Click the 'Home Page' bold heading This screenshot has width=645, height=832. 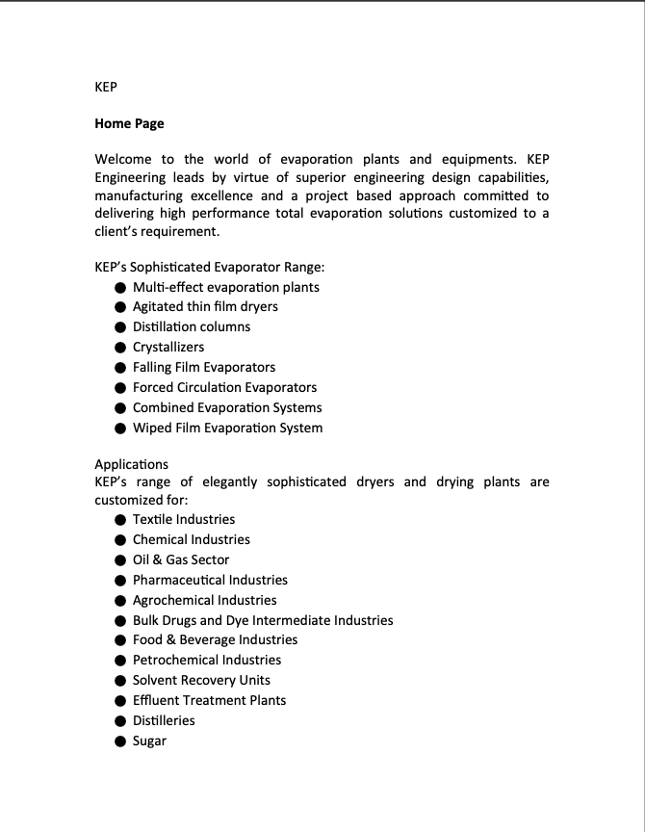pyautogui.click(x=129, y=123)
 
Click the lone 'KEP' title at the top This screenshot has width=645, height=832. pyautogui.click(x=106, y=87)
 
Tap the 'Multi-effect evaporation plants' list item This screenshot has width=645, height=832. pyautogui.click(x=225, y=287)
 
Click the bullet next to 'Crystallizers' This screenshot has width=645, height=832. pyautogui.click(x=120, y=348)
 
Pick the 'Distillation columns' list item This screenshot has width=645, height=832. pyautogui.click(x=191, y=327)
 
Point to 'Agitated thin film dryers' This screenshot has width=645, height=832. pyautogui.click(x=205, y=307)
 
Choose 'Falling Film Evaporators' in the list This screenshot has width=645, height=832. pyautogui.click(x=204, y=367)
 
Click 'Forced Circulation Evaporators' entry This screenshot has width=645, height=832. pyautogui.click(x=224, y=387)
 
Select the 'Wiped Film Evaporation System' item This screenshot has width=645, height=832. pyautogui.click(x=227, y=428)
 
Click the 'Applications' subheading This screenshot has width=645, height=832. pyautogui.click(x=131, y=464)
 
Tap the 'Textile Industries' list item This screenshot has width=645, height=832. pyautogui.click(x=183, y=519)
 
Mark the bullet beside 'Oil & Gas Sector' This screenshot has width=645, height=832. pyautogui.click(x=120, y=560)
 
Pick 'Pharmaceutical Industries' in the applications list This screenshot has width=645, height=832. pyautogui.click(x=210, y=580)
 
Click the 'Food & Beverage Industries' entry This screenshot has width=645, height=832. pyautogui.click(x=215, y=639)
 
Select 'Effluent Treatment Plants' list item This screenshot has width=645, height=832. pyautogui.click(x=209, y=700)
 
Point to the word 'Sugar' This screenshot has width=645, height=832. pyautogui.click(x=149, y=741)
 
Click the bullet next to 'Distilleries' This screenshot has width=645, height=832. pyautogui.click(x=120, y=721)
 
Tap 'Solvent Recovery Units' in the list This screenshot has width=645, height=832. pyautogui.click(x=201, y=680)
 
